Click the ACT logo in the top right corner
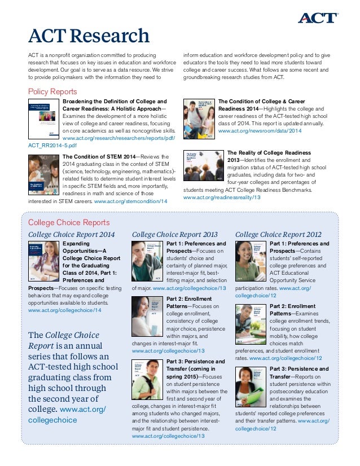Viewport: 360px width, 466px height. tap(319, 18)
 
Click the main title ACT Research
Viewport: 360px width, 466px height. tap(89, 37)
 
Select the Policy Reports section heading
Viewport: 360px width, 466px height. tap(52, 91)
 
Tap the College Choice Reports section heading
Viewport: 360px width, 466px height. tap(69, 222)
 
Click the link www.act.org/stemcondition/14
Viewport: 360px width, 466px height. tap(131, 201)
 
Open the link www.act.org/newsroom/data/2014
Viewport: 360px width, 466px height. tap(260, 131)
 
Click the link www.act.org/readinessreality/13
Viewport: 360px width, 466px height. tap(222, 197)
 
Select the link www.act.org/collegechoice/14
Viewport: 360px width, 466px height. tap(65, 310)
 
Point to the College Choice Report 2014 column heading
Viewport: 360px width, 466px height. tap(72, 234)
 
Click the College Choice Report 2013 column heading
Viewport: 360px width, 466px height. tap(174, 234)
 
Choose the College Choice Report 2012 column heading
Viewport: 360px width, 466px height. tap(278, 234)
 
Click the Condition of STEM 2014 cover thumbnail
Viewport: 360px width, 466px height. tap(43, 173)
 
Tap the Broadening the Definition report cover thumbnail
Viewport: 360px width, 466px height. tap(43, 119)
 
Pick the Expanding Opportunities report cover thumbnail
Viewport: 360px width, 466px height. tap(43, 261)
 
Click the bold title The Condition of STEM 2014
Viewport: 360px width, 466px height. tap(99, 157)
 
